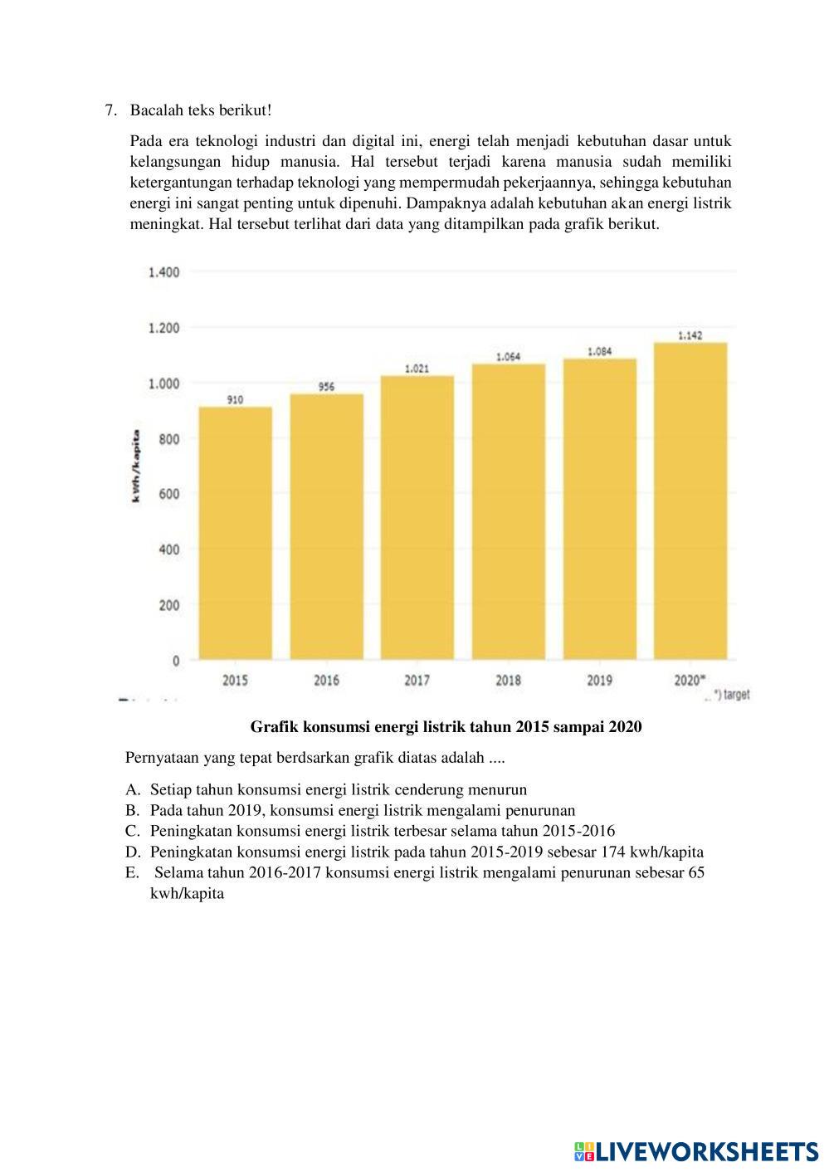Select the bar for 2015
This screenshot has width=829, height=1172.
235,533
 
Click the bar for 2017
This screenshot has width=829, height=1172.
417,517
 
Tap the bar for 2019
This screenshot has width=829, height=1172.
600,509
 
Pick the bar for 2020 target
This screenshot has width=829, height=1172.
690,501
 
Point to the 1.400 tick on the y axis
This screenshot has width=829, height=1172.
163,272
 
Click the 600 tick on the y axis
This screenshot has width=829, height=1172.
169,494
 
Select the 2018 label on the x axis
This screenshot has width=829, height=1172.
509,681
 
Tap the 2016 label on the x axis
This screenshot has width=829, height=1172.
326,681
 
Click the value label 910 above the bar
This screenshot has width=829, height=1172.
235,400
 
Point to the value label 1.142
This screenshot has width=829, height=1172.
690,335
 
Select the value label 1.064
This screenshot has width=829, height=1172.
509,357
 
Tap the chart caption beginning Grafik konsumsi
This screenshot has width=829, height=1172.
446,727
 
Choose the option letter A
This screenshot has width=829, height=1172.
131,789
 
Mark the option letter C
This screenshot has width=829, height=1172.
131,831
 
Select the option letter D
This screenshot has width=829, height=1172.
131,852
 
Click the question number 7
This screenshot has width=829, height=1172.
109,110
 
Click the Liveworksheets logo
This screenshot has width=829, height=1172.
695,1150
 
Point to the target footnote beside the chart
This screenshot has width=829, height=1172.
730,695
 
